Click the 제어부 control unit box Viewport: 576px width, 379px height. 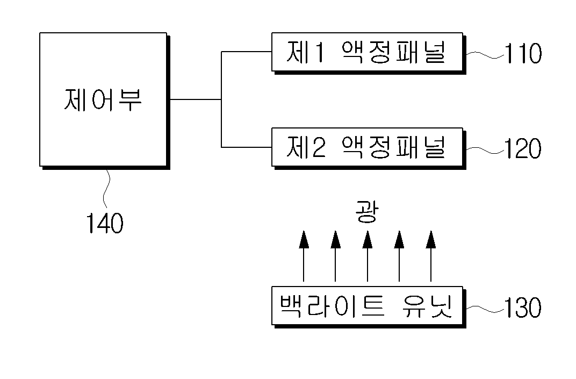(105, 101)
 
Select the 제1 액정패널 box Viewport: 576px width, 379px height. (369, 53)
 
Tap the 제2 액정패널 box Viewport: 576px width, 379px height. (369, 148)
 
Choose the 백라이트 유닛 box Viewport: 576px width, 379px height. (369, 307)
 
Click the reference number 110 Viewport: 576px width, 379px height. (523, 53)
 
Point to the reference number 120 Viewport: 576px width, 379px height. (522, 148)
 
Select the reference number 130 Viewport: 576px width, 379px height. (522, 308)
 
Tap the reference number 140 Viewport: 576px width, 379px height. (105, 223)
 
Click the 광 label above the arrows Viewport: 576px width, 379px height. (367, 212)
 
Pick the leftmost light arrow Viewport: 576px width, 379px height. (304, 256)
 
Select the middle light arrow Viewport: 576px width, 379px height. (368, 256)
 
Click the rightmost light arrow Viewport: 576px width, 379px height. (431, 256)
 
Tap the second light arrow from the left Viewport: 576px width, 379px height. (335, 256)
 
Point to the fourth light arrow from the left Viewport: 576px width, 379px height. (399, 256)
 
